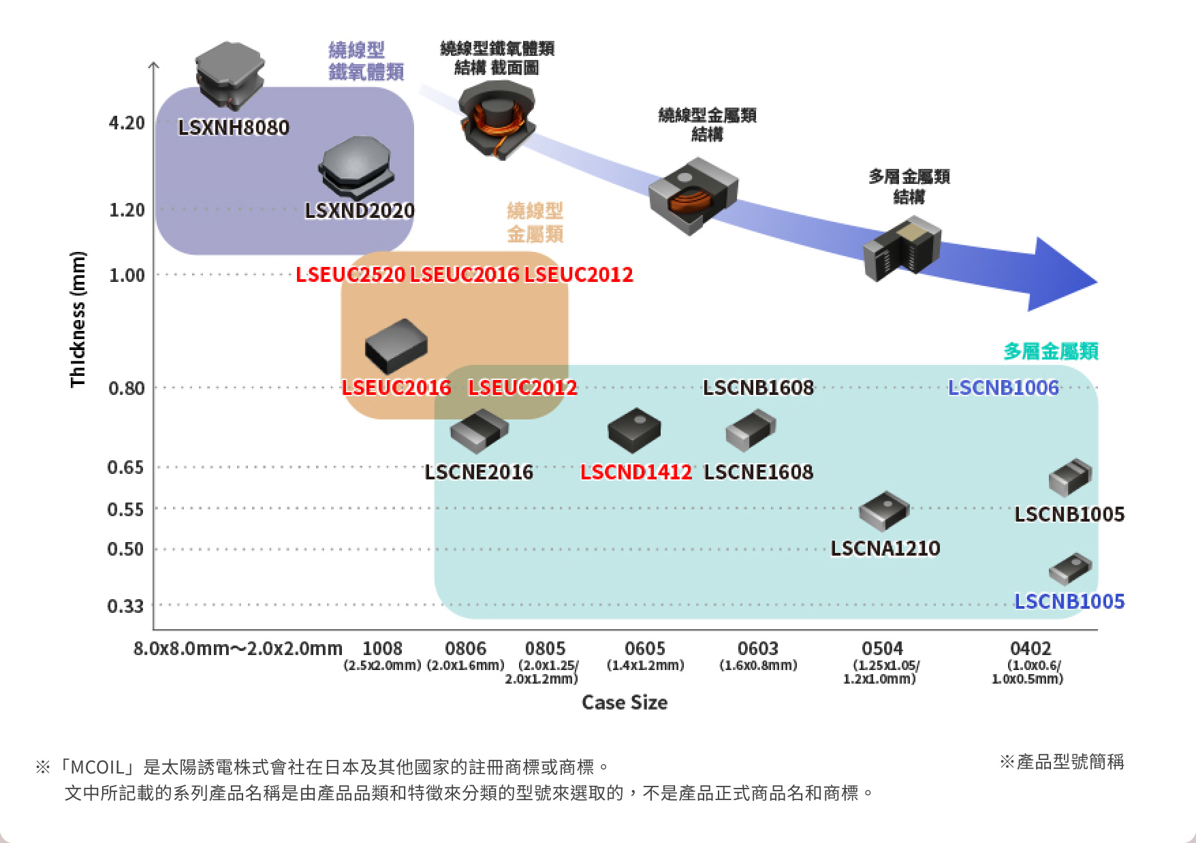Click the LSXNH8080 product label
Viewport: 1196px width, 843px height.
(x=234, y=127)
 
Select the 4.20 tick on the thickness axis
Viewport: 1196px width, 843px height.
(x=127, y=123)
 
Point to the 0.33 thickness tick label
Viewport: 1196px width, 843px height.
(x=125, y=605)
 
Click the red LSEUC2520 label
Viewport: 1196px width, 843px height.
(x=350, y=274)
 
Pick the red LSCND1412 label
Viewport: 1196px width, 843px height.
(x=635, y=472)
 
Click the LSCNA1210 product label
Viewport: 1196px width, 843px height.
(x=885, y=548)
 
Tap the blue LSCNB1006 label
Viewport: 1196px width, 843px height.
(x=1003, y=387)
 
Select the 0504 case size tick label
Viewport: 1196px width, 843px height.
(x=882, y=648)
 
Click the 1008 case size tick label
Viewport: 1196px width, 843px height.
(x=382, y=648)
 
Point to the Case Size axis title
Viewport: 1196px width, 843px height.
(x=624, y=703)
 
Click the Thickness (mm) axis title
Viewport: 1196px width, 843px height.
(x=78, y=319)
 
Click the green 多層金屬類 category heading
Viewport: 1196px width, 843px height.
(x=1050, y=351)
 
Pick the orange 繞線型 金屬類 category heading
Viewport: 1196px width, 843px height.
(x=535, y=222)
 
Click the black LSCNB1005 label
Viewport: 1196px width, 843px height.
(x=1069, y=514)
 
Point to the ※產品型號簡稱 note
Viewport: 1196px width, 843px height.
(x=1061, y=762)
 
